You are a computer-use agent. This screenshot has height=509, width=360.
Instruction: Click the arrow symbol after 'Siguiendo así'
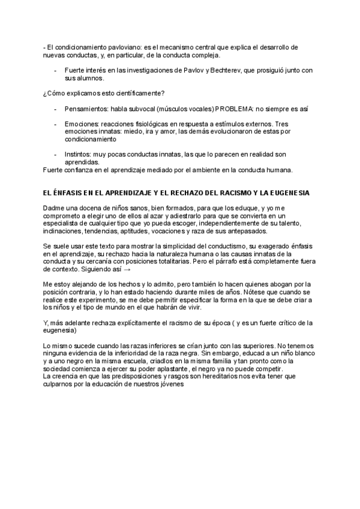(x=127, y=270)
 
